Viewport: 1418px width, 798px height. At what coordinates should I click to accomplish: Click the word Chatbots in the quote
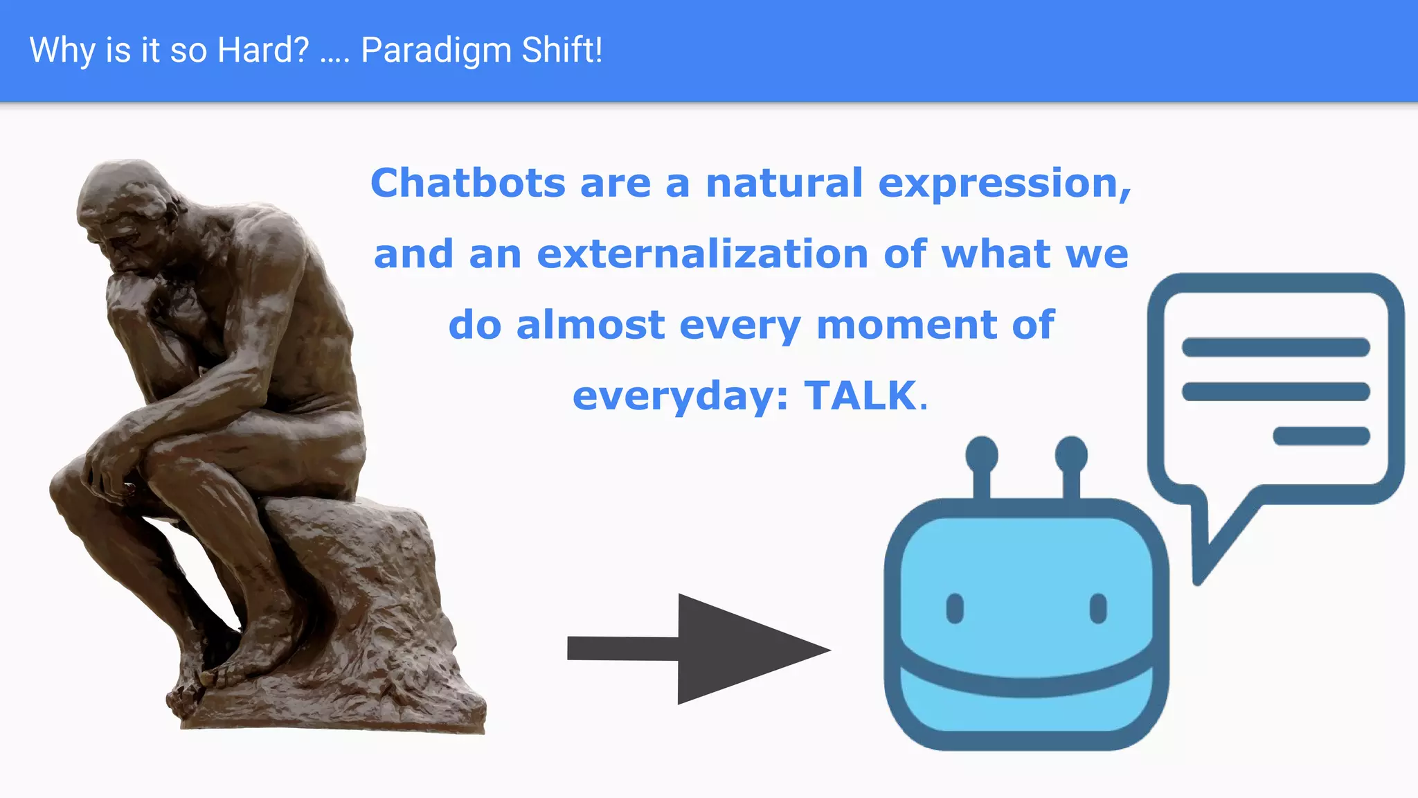tap(468, 184)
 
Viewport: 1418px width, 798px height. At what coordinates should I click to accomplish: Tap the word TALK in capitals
tap(861, 396)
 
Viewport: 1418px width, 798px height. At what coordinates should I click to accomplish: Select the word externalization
tap(702, 254)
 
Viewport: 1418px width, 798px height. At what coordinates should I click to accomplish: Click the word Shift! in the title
tap(562, 51)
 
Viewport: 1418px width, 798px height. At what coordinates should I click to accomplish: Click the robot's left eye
tap(955, 608)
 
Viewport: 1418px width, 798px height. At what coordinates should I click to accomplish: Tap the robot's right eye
tap(1098, 608)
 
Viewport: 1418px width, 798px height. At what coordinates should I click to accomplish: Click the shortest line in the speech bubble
tap(1321, 436)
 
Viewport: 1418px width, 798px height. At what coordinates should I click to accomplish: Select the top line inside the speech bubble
tap(1275, 347)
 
